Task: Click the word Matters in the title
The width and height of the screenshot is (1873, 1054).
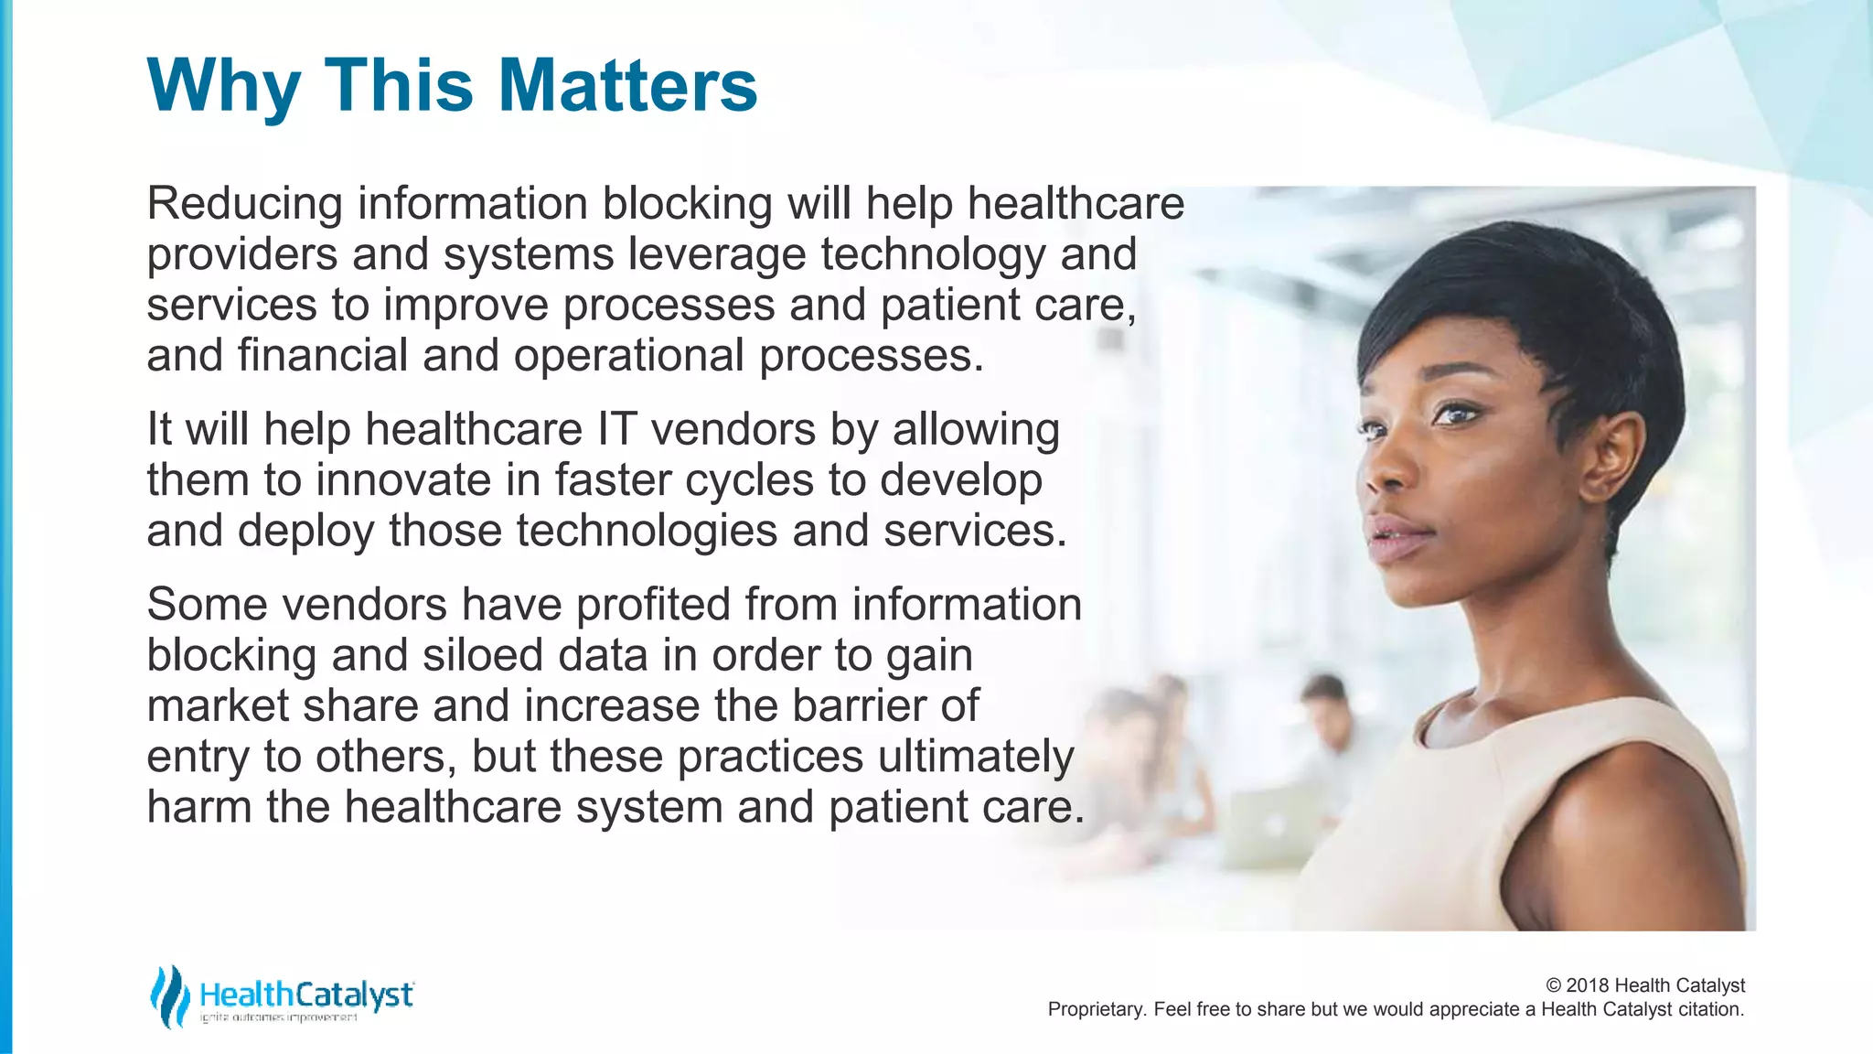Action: pos(627,85)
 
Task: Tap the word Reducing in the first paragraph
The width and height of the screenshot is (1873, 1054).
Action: pos(244,203)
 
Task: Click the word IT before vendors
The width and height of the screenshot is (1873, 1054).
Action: pos(616,429)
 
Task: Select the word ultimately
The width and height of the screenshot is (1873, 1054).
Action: pos(976,757)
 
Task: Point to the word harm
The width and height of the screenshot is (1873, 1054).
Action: pos(199,807)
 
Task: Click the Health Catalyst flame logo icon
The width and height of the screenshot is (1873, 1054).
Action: pos(168,996)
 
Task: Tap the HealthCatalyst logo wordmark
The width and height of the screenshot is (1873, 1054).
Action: pos(306,995)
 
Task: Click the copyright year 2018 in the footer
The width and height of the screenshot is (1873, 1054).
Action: pos(1588,985)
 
